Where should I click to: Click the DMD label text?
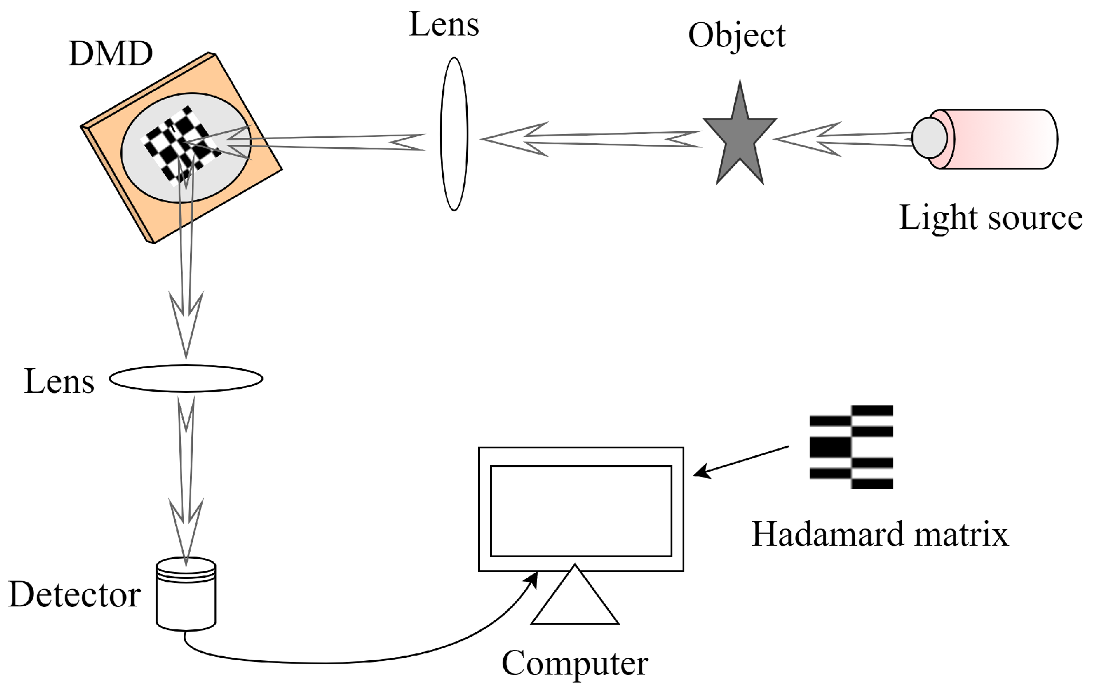tap(111, 54)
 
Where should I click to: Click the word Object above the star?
tap(736, 36)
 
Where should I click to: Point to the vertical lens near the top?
tap(454, 134)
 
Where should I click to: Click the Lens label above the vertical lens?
tap(444, 25)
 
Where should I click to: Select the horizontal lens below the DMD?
tap(186, 378)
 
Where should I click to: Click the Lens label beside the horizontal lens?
tap(59, 381)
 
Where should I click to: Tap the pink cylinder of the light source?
tap(1002, 139)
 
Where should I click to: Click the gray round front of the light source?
tap(928, 137)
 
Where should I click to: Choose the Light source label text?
tap(990, 218)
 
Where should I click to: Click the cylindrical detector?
tap(186, 596)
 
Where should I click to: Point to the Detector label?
tap(74, 595)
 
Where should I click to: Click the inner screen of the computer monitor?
tap(581, 511)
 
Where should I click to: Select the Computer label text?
tap(574, 664)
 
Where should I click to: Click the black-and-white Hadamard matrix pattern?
tap(851, 447)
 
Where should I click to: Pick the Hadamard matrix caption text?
tap(879, 534)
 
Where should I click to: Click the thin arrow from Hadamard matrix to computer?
tap(742, 461)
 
